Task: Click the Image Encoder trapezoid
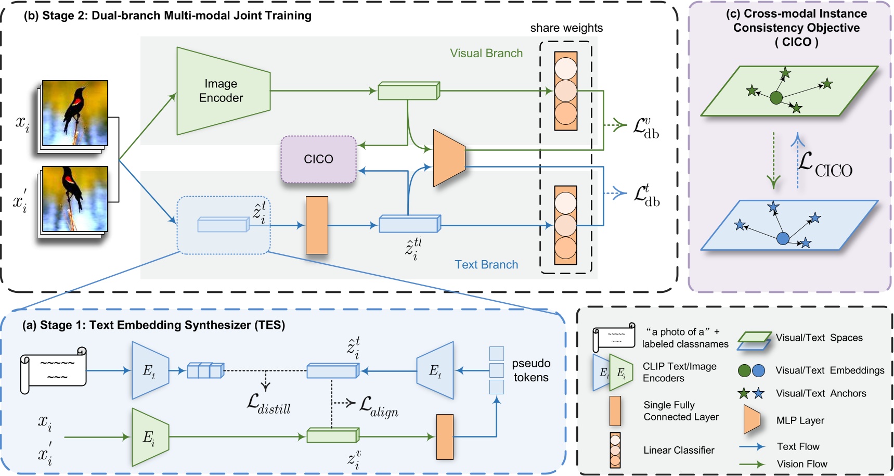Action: (x=223, y=91)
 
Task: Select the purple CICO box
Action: (x=318, y=159)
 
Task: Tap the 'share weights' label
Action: (x=566, y=28)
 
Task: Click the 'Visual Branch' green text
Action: (x=486, y=53)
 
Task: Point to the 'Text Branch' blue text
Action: (x=486, y=264)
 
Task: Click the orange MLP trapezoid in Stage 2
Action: (x=449, y=158)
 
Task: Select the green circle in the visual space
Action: (x=776, y=97)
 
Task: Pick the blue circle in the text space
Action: (x=783, y=239)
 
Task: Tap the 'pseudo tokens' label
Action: (x=531, y=370)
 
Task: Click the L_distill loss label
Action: (x=268, y=403)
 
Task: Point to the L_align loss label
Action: (x=379, y=406)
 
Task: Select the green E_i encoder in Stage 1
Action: (x=150, y=437)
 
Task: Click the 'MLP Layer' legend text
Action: (x=800, y=420)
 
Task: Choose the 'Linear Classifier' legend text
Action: (x=679, y=450)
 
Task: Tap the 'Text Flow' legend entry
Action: (x=798, y=446)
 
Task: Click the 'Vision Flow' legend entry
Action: (x=801, y=464)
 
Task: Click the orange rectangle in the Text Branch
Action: (x=317, y=225)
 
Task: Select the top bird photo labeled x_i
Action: (x=75, y=113)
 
